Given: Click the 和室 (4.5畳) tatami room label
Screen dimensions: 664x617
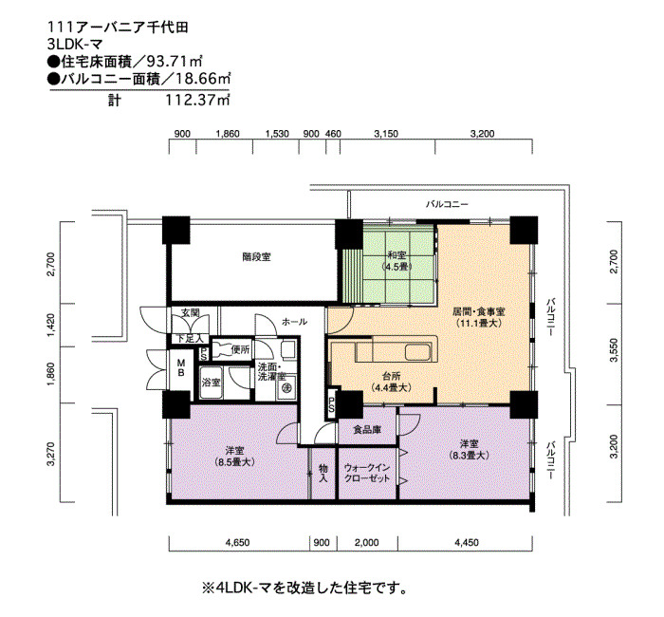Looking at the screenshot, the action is tap(397, 261).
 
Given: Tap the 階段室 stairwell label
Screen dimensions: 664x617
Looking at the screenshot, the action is tap(257, 257).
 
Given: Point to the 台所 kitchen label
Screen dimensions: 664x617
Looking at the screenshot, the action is tap(391, 382).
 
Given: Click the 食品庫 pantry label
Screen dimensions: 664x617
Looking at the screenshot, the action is tap(367, 430).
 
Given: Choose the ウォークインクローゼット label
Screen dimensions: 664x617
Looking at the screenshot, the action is tap(367, 474).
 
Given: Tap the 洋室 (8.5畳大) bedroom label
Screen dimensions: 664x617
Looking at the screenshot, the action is tap(234, 457).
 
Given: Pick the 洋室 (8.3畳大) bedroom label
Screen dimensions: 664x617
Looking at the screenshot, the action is tap(469, 450).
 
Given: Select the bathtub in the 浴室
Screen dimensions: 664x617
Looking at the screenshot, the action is tap(212, 383).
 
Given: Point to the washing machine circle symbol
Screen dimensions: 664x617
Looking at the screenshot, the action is tap(286, 387).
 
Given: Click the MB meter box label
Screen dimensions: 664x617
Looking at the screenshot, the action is tap(181, 368).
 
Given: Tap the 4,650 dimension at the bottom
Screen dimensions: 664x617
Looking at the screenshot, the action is tap(238, 542).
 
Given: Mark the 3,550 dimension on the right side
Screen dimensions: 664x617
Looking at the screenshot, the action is tap(614, 350).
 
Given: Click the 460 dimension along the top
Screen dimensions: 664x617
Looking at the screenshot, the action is tap(333, 134).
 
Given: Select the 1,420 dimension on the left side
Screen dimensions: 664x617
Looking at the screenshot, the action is tap(50, 325).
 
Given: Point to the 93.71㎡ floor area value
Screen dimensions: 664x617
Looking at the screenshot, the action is tap(174, 62).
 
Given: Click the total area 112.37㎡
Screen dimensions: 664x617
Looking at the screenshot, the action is tap(197, 100).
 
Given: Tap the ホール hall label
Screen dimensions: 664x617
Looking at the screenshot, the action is tap(295, 322).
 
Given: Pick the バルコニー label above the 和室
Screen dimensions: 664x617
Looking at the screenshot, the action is tap(447, 204).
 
